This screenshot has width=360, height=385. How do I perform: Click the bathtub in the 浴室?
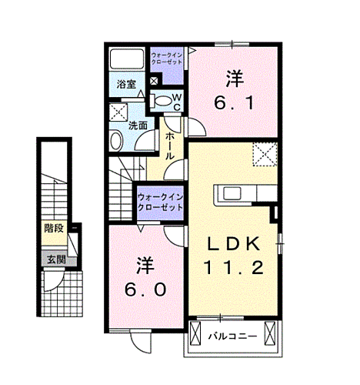127,59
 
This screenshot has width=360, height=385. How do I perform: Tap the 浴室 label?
126,85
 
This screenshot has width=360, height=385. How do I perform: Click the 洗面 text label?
138,125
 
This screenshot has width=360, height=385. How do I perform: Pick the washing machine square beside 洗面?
119,112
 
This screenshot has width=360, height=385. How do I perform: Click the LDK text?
238,245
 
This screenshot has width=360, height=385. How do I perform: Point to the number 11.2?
234,269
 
